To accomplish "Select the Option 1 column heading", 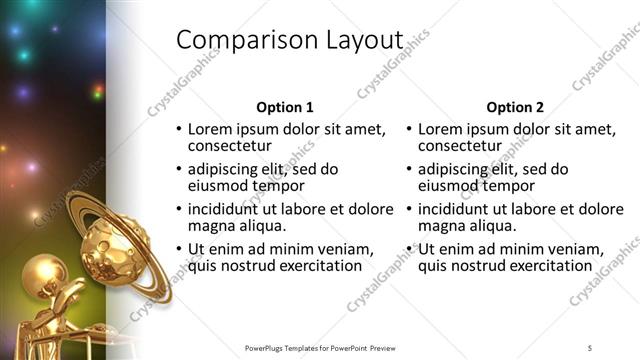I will (x=285, y=107).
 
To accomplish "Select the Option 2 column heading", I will (x=515, y=107).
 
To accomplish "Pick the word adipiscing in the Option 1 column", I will (x=226, y=169).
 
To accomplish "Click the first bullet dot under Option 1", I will (x=178, y=129).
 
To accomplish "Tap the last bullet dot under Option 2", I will (x=408, y=249).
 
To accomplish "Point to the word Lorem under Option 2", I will (x=441, y=129).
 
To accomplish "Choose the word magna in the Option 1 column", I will (x=211, y=225).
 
